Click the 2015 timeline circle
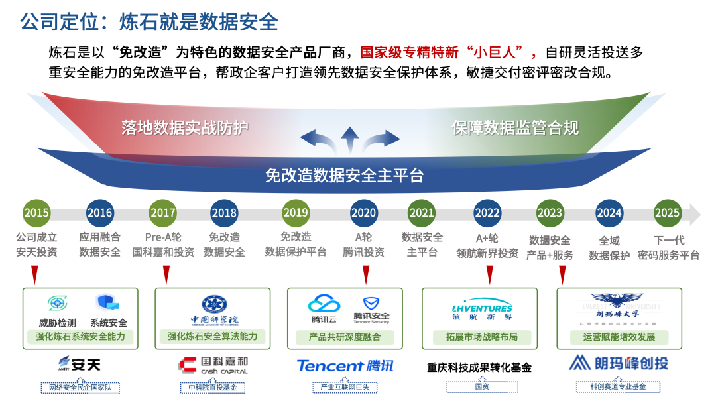tap(36, 213)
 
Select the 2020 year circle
tap(363, 213)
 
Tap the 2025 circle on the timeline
tap(667, 213)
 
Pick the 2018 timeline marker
tap(224, 213)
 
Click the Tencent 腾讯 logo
tap(345, 366)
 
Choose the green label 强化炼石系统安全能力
tap(80, 337)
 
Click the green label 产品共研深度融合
tap(345, 337)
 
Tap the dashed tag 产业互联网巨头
tap(345, 386)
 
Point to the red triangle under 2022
tap(490, 272)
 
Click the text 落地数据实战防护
tap(185, 127)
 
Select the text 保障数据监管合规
tap(515, 127)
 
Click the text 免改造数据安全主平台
tap(344, 176)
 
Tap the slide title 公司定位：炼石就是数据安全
tap(149, 21)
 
